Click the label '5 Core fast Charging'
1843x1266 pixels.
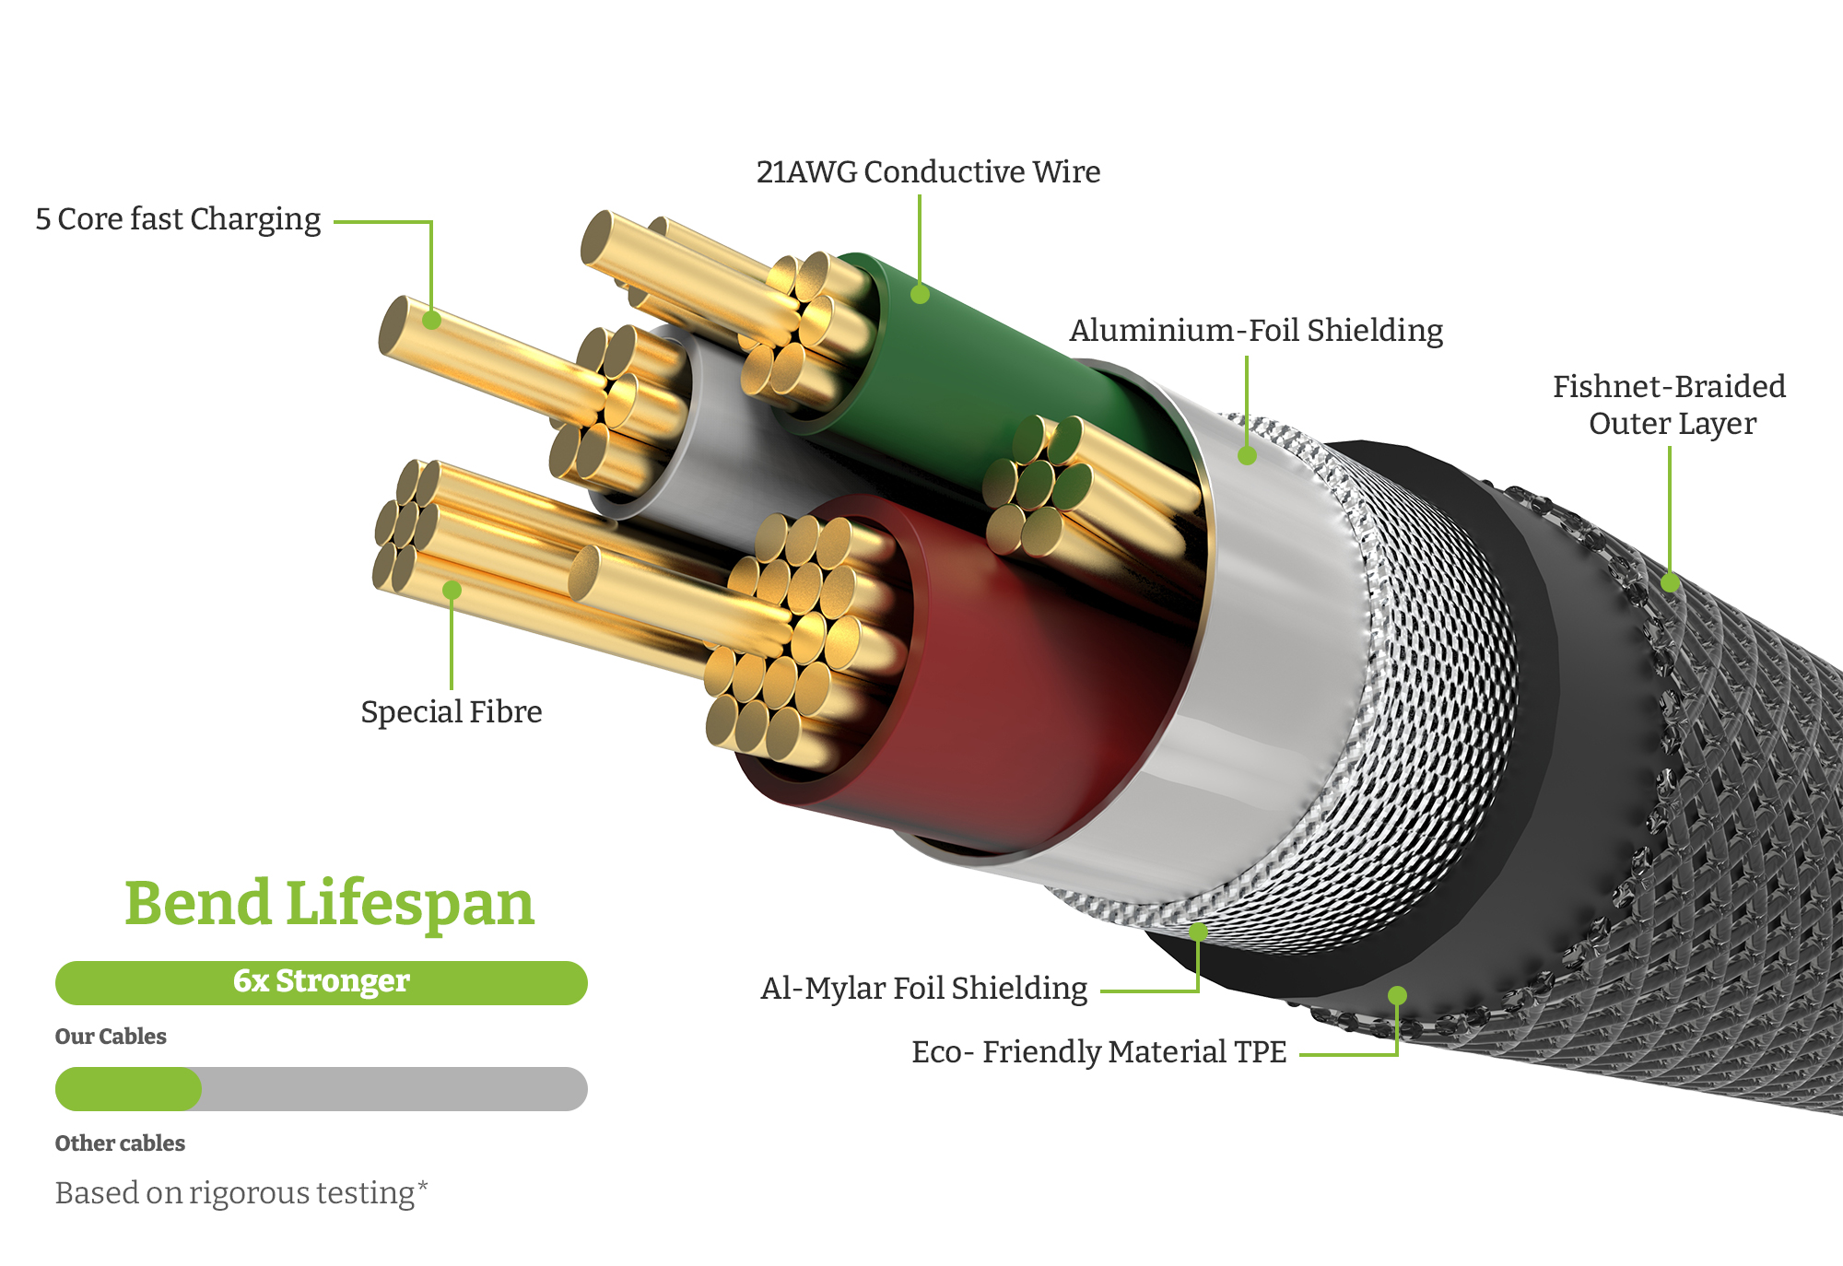tap(178, 219)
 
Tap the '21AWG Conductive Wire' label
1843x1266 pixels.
tap(928, 172)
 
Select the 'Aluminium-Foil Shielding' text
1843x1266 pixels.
tap(1256, 331)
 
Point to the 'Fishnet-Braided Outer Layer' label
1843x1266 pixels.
tap(1670, 404)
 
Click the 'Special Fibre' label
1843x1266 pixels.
tap(451, 712)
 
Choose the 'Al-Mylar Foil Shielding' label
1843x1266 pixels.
tap(923, 989)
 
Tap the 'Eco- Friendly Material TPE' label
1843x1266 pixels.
tap(1098, 1052)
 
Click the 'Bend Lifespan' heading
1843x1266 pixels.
tap(329, 903)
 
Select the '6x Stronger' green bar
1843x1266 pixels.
tap(321, 982)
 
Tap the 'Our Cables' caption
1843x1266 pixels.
tap(111, 1037)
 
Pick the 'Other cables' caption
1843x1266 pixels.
tap(120, 1143)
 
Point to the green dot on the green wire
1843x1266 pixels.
tap(920, 294)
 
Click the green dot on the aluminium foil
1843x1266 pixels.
tap(1247, 455)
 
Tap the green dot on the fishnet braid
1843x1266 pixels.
tap(1670, 582)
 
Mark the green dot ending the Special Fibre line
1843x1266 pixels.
tap(452, 590)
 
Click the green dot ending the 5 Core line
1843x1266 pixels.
tap(431, 321)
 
